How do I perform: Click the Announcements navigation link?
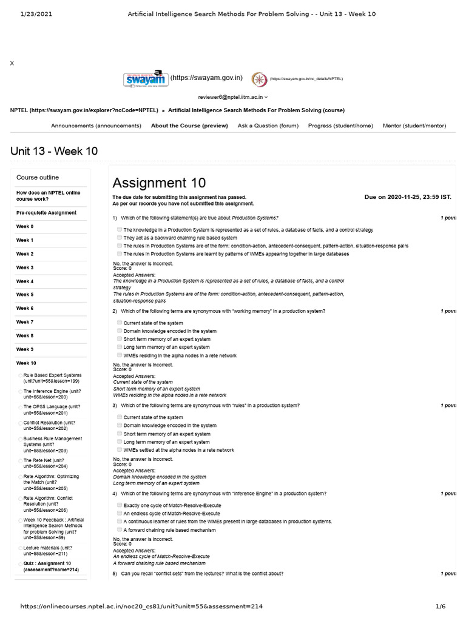coord(96,126)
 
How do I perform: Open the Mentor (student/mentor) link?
coord(414,126)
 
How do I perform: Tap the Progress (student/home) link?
coord(340,126)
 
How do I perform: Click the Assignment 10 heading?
coord(159,183)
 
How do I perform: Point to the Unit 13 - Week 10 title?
coord(54,151)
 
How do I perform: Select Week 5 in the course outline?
coord(25,295)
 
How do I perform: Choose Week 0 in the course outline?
coord(25,226)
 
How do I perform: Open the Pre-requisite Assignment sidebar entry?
coord(46,213)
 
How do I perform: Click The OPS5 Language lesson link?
coord(51,410)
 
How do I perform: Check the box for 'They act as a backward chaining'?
coord(120,238)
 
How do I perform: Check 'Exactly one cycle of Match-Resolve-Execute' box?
coord(120,505)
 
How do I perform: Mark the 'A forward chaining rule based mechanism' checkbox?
coord(120,529)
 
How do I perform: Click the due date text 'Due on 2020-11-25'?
coord(408,197)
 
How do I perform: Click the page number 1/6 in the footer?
coord(441,606)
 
